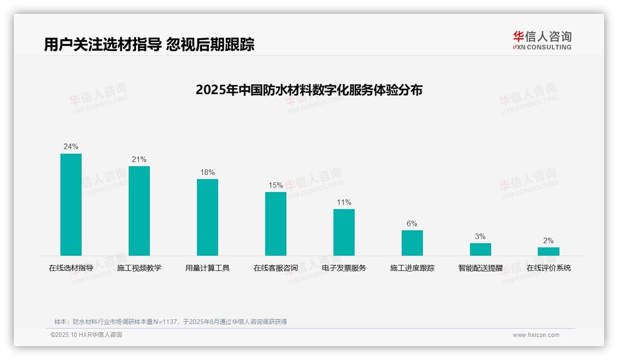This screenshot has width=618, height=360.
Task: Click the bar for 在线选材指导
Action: pos(71,204)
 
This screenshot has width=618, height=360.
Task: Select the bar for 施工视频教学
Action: pos(139,211)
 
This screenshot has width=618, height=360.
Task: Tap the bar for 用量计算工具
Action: pos(208,217)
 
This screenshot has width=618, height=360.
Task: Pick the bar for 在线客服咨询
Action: pos(276,224)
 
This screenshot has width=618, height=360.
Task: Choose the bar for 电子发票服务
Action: pos(344,232)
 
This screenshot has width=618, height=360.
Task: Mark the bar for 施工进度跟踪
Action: pos(412,243)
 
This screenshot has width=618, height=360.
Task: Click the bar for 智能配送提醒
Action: pos(481,249)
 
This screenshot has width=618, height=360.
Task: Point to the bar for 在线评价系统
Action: pos(548,252)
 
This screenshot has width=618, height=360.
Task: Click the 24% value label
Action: pos(71,147)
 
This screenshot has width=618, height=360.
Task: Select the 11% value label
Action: pos(344,202)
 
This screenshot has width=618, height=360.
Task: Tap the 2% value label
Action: pos(548,240)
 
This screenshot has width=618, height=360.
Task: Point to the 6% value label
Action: pos(412,223)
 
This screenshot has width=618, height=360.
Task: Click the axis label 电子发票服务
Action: pos(344,268)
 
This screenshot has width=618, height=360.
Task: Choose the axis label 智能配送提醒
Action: pos(481,268)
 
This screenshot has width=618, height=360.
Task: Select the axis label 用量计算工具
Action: pos(208,268)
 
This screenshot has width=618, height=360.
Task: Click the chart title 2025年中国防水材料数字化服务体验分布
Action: pos(309,90)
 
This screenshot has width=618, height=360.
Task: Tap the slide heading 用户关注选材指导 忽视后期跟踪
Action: pos(149,45)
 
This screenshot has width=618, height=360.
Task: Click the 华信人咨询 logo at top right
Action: pos(542,40)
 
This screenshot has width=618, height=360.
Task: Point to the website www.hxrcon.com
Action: pos(536,335)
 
